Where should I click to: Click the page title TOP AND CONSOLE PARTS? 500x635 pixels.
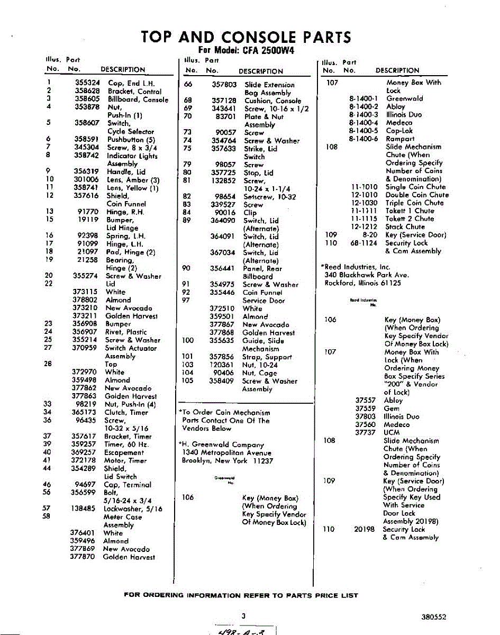pyautogui.click(x=246, y=38)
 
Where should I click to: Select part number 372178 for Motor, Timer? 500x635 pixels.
pyautogui.click(x=84, y=460)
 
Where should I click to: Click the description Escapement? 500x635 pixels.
pyautogui.click(x=124, y=452)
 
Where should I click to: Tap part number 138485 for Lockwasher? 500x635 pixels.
pyautogui.click(x=83, y=509)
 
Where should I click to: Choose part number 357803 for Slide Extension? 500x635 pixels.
pyautogui.click(x=224, y=84)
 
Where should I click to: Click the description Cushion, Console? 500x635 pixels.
pyautogui.click(x=272, y=101)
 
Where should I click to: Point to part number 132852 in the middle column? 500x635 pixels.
pyautogui.click(x=224, y=180)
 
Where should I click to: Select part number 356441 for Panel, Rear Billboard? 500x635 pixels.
pyautogui.click(x=223, y=268)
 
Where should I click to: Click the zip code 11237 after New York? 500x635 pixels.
pyautogui.click(x=262, y=461)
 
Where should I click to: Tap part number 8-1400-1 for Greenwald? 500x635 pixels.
pyautogui.click(x=363, y=98)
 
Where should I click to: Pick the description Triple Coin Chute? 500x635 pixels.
pyautogui.click(x=414, y=203)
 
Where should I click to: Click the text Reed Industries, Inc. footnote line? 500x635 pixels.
pyautogui.click(x=356, y=267)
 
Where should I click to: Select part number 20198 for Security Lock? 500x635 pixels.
pyautogui.click(x=364, y=529)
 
